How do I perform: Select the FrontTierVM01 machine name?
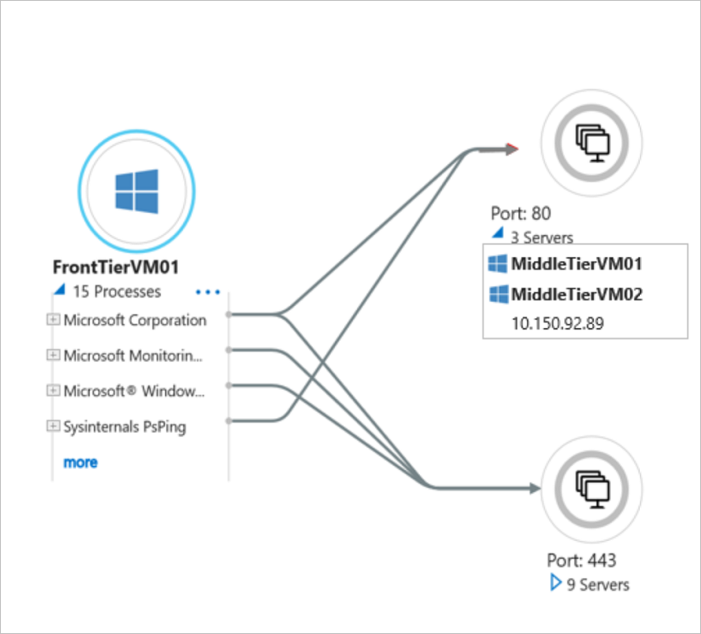pyautogui.click(x=115, y=267)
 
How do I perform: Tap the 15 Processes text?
pyautogui.click(x=116, y=291)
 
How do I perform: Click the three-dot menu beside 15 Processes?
pyautogui.click(x=208, y=292)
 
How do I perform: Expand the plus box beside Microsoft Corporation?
pyautogui.click(x=54, y=320)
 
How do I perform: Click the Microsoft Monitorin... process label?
pyautogui.click(x=133, y=355)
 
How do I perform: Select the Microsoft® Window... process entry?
pyautogui.click(x=134, y=391)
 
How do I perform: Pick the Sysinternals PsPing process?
pyautogui.click(x=125, y=426)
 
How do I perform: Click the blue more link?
pyautogui.click(x=80, y=463)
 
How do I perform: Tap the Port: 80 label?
pyautogui.click(x=521, y=214)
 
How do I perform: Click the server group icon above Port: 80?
pyautogui.click(x=590, y=143)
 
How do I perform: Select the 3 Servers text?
pyautogui.click(x=541, y=237)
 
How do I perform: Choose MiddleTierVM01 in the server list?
pyautogui.click(x=576, y=265)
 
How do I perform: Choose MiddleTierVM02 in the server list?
pyautogui.click(x=576, y=294)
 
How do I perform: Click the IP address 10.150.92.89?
pyautogui.click(x=558, y=323)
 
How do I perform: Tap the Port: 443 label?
pyautogui.click(x=581, y=561)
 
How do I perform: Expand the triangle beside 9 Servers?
pyautogui.click(x=556, y=584)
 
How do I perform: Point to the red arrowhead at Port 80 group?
pyautogui.click(x=512, y=149)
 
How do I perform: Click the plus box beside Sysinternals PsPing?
pyautogui.click(x=54, y=426)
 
